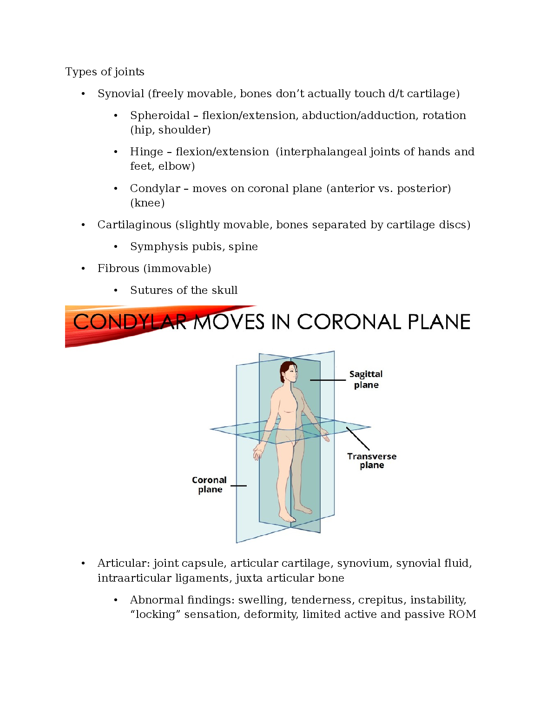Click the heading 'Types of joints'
click(x=105, y=72)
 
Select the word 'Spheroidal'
click(x=160, y=115)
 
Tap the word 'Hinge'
click(x=146, y=152)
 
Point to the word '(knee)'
click(x=147, y=203)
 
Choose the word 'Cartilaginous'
click(x=134, y=225)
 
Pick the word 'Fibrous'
click(x=118, y=268)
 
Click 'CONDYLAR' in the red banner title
click(x=130, y=322)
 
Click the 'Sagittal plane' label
click(x=366, y=379)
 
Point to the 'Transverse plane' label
click(x=372, y=461)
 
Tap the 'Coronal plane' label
click(x=210, y=484)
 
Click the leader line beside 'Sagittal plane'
click(x=328, y=380)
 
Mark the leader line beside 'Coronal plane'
click(x=238, y=486)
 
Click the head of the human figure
click(x=288, y=372)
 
